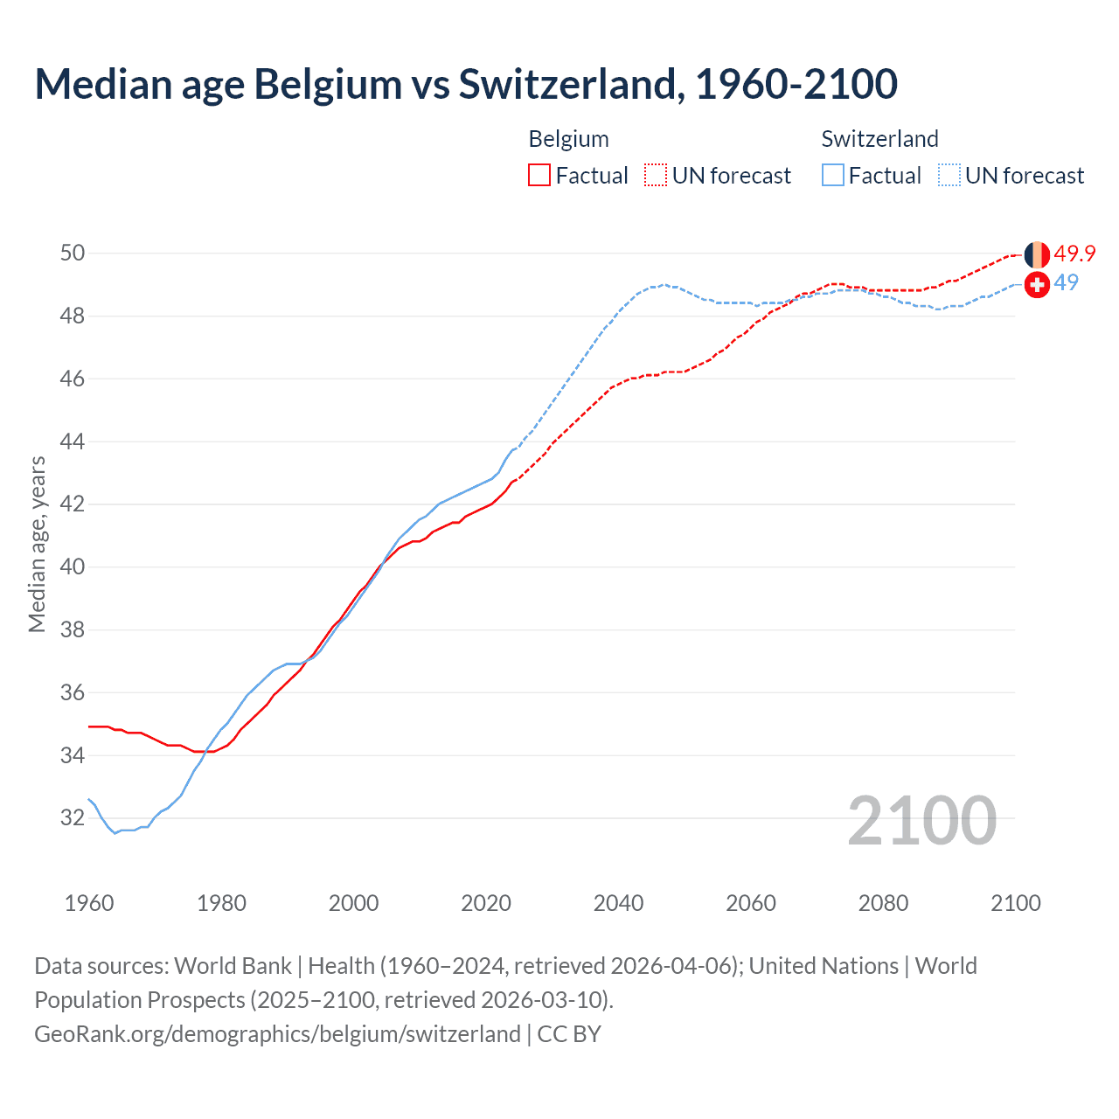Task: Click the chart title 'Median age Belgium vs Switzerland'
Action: coord(465,84)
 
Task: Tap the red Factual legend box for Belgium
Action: coord(539,175)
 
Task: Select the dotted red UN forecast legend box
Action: coord(656,175)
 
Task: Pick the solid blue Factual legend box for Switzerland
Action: coord(833,175)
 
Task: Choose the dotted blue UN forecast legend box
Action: coord(949,175)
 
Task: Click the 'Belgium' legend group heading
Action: coord(568,139)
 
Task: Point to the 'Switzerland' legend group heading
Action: coord(879,139)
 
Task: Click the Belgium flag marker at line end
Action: coord(1037,254)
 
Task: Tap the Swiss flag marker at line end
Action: coord(1037,284)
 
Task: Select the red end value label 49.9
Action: coord(1074,254)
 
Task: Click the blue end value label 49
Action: coord(1066,282)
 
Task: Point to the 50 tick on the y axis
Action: coord(73,253)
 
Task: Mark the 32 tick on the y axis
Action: coord(73,818)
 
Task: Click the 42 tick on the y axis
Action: coord(73,504)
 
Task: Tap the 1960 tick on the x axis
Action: coord(89,903)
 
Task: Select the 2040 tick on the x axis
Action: coord(618,903)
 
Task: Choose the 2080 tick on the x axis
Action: coord(883,903)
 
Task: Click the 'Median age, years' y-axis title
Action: coord(37,544)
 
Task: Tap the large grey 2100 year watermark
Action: coord(921,820)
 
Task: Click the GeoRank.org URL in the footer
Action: coord(277,1034)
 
